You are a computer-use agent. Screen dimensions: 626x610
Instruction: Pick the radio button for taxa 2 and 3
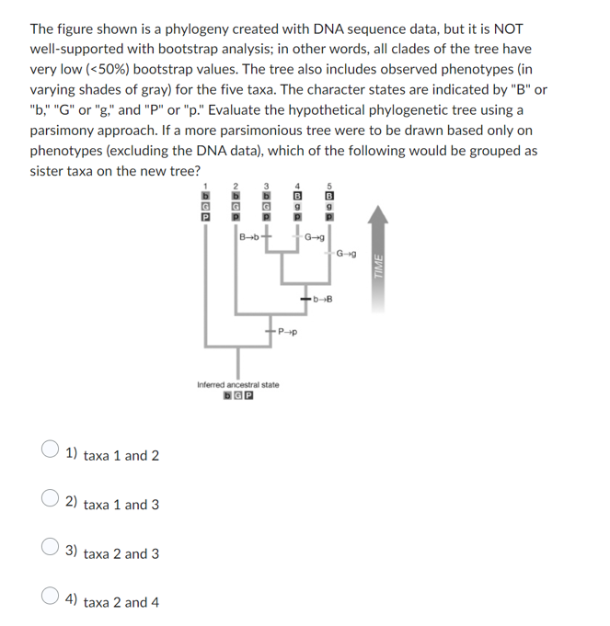pos(51,553)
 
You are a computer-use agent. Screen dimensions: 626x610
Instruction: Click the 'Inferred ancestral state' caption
pos(238,384)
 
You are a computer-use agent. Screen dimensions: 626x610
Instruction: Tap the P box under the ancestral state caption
pos(249,396)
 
